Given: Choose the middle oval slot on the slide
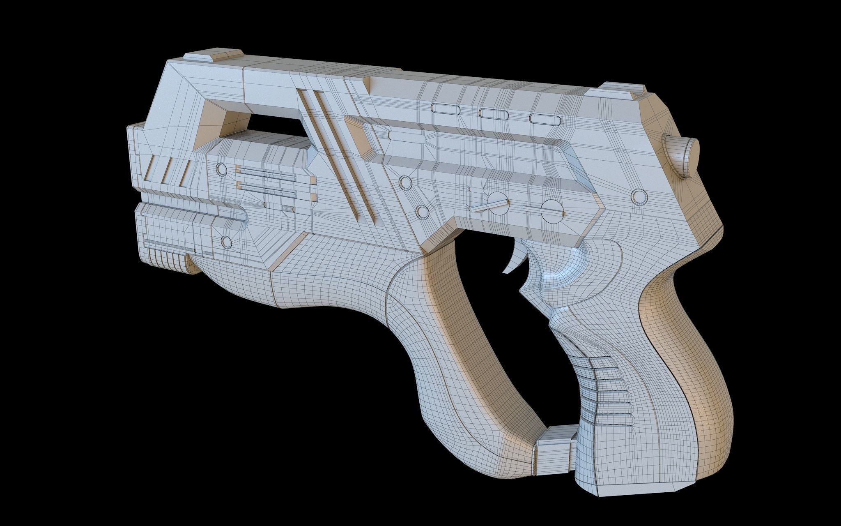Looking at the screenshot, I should point(494,113).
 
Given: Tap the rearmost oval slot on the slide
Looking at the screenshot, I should point(545,118).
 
